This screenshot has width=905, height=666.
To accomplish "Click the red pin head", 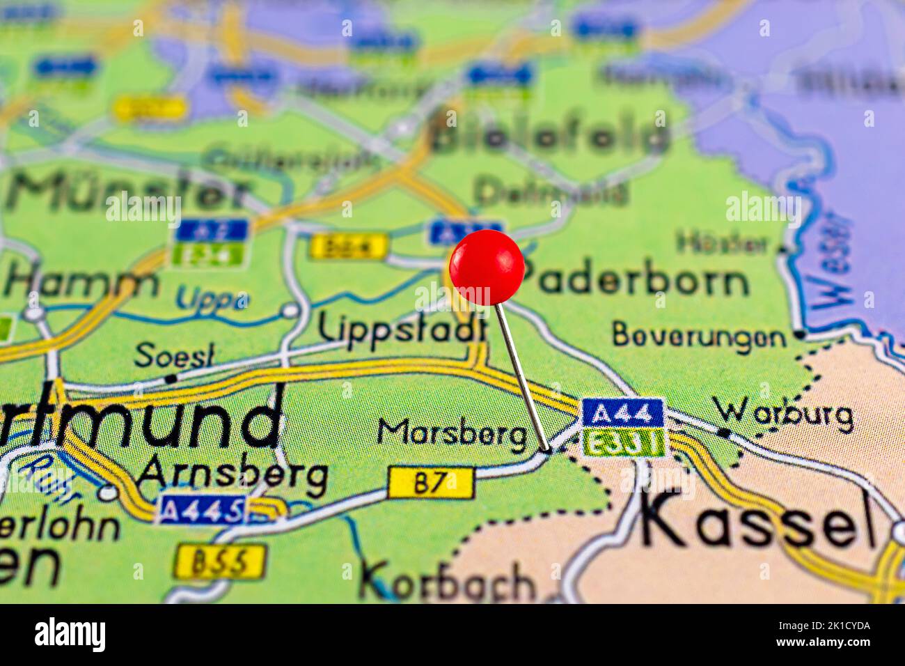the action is (x=487, y=268).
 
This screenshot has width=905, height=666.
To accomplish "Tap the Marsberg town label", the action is (x=452, y=434).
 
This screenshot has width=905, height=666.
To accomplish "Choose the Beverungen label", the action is (x=699, y=336).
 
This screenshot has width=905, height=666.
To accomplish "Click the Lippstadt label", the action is (x=402, y=327).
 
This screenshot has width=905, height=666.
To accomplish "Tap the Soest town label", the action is (x=174, y=355).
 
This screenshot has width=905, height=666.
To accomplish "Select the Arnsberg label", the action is (x=233, y=476).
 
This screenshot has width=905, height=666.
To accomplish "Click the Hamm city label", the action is (x=82, y=282).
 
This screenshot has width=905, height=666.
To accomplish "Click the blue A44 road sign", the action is (x=622, y=413).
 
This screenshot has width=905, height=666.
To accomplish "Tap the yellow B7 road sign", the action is (x=431, y=483).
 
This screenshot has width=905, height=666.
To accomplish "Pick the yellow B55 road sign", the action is (x=219, y=562).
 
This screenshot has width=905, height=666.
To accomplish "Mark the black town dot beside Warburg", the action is (x=724, y=433).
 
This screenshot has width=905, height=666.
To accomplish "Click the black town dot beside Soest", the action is (x=171, y=378).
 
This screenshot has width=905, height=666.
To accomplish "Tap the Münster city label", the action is (x=129, y=190).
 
